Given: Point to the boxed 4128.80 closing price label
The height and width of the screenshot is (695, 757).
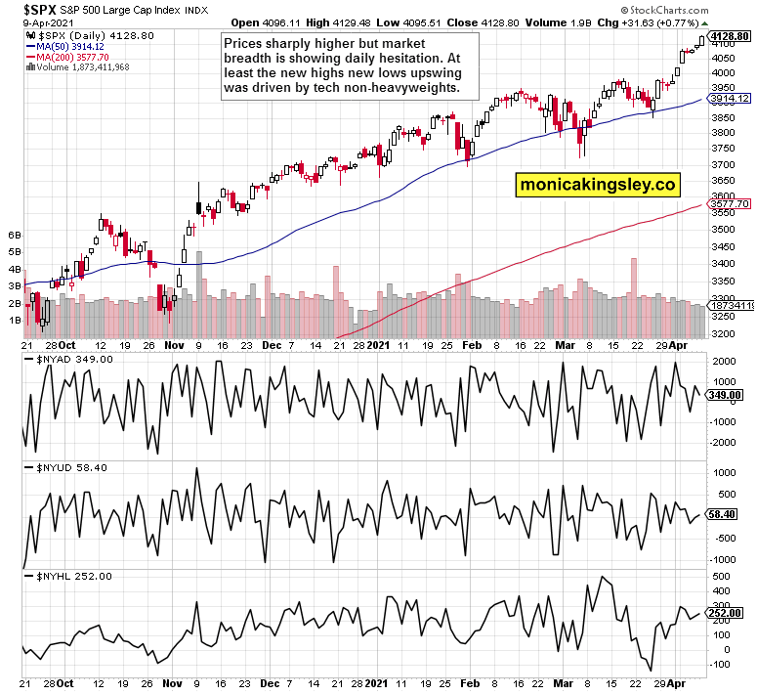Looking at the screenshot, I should pos(729,35).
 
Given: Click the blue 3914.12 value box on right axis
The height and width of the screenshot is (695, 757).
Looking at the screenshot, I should pos(729,98).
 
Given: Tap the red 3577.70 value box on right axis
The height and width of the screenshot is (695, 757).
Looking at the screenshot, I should pos(729,203).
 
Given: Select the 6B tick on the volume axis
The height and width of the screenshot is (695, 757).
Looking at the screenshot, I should pos(15,236).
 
